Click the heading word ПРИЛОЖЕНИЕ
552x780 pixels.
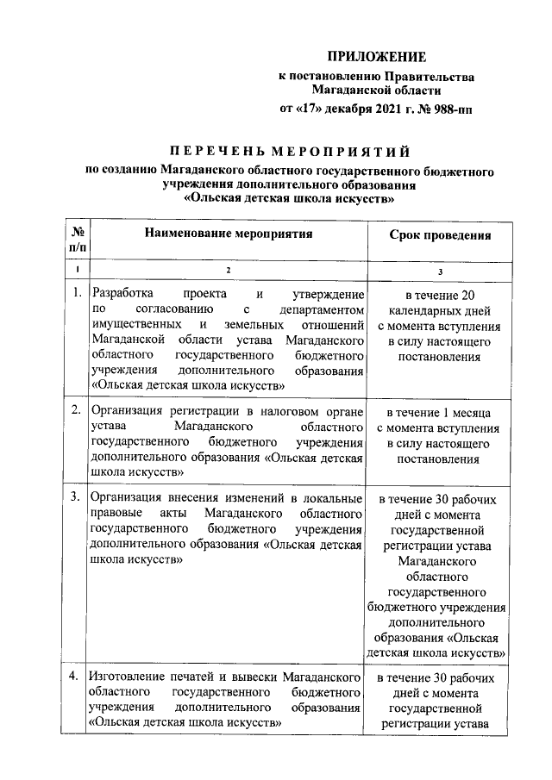tap(379, 58)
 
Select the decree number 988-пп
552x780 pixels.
tap(449, 109)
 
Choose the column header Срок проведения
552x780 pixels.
tap(440, 234)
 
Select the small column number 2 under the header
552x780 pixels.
tap(229, 271)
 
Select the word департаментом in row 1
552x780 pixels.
tap(318, 308)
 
